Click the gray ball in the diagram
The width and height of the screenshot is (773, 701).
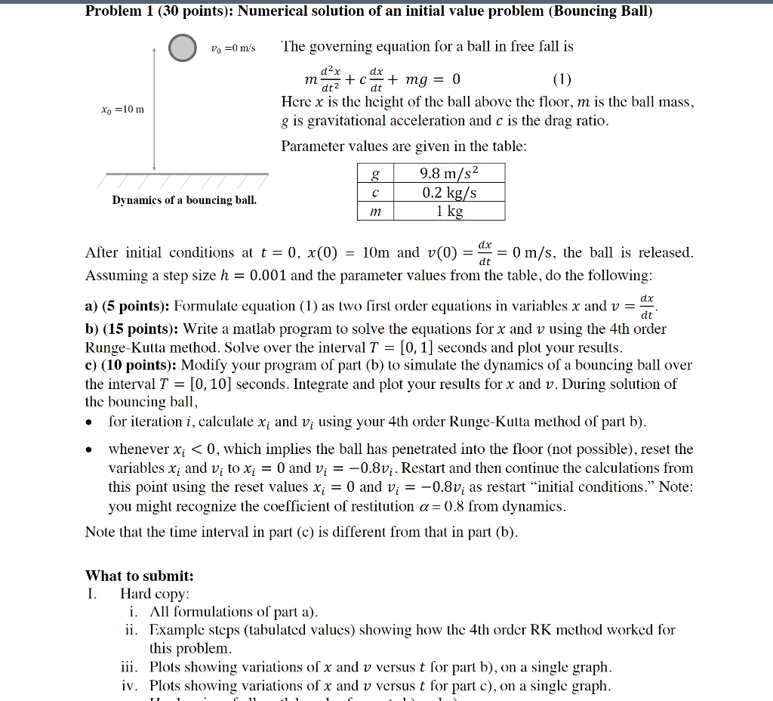181,48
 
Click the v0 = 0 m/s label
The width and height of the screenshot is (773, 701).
233,48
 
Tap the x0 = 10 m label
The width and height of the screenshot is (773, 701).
117,110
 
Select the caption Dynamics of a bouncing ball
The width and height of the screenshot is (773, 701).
184,200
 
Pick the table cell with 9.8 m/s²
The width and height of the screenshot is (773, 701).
450,173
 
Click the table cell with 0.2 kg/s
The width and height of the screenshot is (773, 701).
450,192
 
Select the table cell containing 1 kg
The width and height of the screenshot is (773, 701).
450,211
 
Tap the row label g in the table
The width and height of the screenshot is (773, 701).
375,173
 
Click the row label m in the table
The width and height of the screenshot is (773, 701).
375,212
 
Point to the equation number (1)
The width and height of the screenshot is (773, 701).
562,80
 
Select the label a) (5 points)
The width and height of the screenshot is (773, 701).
128,306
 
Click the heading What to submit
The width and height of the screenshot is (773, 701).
140,576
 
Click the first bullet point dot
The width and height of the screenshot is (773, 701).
91,422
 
